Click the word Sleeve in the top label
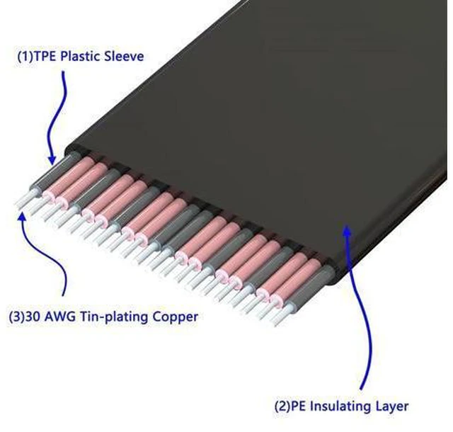(124, 56)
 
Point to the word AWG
(59, 317)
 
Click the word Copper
(175, 317)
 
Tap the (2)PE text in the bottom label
(290, 407)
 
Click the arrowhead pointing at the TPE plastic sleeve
(52, 160)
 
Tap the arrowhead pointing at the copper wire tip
(22, 215)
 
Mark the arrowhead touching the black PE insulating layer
(347, 228)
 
